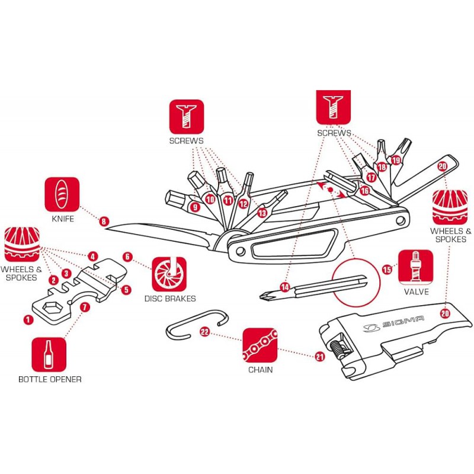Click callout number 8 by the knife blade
coord(104,222)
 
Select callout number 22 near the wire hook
coord(204,332)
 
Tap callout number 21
coord(321,355)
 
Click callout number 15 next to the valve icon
coord(387,270)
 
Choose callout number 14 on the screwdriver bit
coord(285,287)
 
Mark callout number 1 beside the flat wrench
coord(27,319)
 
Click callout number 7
coord(85,307)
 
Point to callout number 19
coord(396,160)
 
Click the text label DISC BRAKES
coord(169,299)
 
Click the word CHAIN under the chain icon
coord(261,370)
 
